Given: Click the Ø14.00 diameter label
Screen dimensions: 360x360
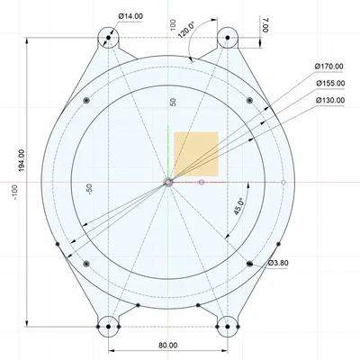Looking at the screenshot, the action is (x=130, y=16).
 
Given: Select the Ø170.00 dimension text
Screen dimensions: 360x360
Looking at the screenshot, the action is (x=329, y=67).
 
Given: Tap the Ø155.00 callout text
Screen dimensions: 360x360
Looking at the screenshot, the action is (x=330, y=83).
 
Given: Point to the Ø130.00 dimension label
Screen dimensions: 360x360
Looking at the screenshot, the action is (x=330, y=100).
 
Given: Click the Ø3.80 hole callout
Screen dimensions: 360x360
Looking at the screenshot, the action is (x=278, y=263).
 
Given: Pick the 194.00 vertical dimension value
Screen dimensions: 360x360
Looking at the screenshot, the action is (x=22, y=160).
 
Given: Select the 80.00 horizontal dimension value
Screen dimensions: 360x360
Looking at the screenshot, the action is (x=167, y=346).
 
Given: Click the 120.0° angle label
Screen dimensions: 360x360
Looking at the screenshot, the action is (x=186, y=30).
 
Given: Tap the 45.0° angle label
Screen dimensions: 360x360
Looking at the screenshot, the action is (x=239, y=207).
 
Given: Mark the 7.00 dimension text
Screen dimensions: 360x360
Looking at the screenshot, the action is (x=265, y=25).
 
